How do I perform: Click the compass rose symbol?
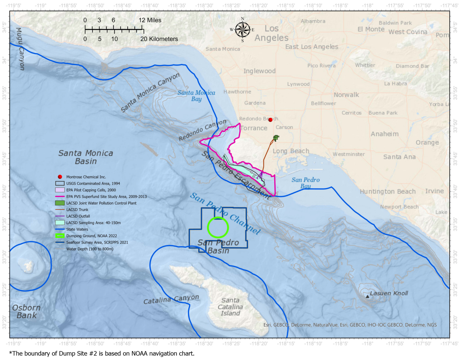pyautogui.click(x=242, y=30)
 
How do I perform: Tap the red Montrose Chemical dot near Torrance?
pyautogui.click(x=270, y=120)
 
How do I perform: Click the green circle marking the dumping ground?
pyautogui.click(x=218, y=228)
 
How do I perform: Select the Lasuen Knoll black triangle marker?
pyautogui.click(x=367, y=296)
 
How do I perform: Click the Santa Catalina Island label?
pyautogui.click(x=230, y=307)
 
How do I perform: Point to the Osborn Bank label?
pyautogui.click(x=26, y=312)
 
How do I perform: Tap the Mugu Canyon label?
pyautogui.click(x=20, y=49)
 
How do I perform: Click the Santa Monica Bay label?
pyautogui.click(x=196, y=96)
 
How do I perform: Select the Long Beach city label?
pyautogui.click(x=291, y=151)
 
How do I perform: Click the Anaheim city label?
pyautogui.click(x=385, y=134)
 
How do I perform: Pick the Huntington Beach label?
pyautogui.click(x=388, y=191)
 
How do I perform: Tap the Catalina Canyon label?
pyautogui.click(x=171, y=299)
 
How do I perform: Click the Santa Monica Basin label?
pyautogui.click(x=86, y=157)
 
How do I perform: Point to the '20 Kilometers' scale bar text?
pyautogui.click(x=159, y=39)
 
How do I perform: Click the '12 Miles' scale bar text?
pyautogui.click(x=150, y=20)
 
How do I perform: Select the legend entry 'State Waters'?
pyautogui.click(x=77, y=229)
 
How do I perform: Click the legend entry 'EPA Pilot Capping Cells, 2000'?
pyautogui.click(x=91, y=190)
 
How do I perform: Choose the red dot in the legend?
pyautogui.click(x=60, y=177)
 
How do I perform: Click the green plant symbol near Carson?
pyautogui.click(x=276, y=138)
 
